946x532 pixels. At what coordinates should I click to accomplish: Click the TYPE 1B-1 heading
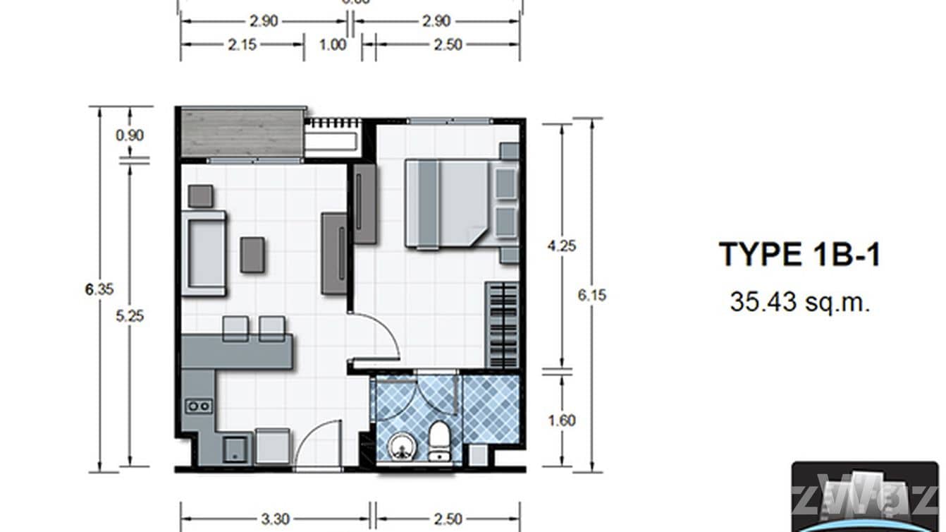799,255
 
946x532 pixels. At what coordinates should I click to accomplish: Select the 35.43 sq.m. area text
799,302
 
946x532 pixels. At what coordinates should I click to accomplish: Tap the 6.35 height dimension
99,289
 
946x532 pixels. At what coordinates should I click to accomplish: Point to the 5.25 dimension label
130,316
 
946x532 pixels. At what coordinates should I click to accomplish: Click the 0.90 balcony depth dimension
130,135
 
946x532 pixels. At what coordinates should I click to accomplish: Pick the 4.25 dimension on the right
562,246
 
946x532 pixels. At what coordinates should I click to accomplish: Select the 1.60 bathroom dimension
562,421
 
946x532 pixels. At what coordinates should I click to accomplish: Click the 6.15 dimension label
591,295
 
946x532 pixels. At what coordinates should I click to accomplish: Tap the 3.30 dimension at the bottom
275,519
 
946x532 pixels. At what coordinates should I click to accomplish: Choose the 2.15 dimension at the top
242,45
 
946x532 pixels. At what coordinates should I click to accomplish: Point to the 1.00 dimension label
333,45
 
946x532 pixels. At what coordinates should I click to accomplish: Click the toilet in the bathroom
439,441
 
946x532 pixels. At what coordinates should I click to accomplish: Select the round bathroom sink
400,445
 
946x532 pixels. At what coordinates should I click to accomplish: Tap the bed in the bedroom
447,203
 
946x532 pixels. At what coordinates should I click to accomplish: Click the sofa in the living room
204,253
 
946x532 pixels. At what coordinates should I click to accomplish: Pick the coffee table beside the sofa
252,255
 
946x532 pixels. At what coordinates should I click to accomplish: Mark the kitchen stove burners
198,406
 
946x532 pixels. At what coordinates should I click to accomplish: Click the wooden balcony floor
242,132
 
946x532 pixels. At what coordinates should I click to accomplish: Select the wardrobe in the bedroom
503,325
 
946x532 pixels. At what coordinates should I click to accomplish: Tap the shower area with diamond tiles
491,409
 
